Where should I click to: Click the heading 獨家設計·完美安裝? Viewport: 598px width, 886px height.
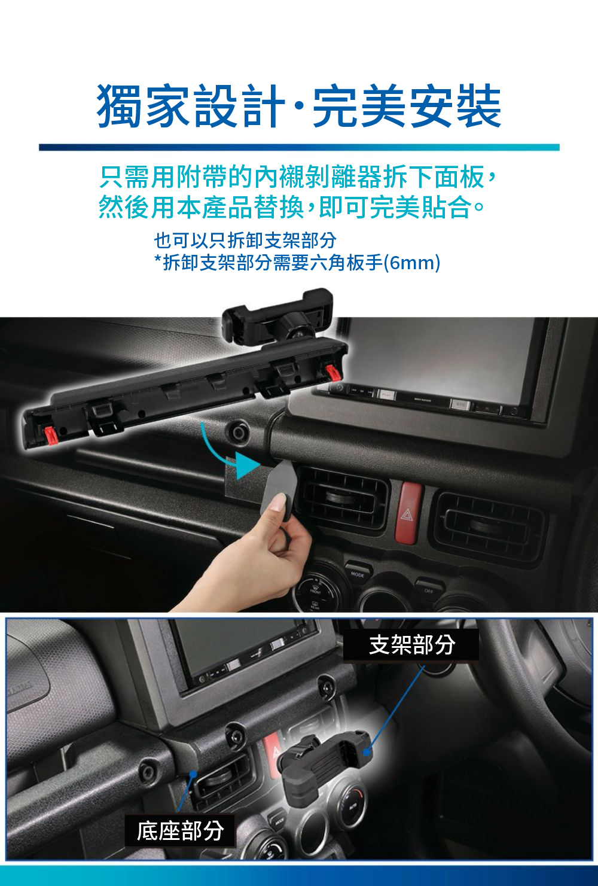coord(299,106)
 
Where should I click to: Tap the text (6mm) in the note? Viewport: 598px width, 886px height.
coord(412,262)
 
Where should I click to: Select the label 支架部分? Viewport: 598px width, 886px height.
coord(411,645)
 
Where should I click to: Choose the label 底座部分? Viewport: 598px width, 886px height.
coord(180,830)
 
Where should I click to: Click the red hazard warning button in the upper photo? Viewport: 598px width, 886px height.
coord(409,512)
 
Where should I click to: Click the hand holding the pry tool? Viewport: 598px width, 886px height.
coord(263,556)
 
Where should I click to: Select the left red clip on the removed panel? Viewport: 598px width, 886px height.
coord(50,434)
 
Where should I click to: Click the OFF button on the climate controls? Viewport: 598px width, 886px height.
coord(428,589)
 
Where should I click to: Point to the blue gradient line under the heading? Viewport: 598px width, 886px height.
coord(299,147)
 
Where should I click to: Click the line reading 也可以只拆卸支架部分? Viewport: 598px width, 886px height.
coord(245,240)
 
